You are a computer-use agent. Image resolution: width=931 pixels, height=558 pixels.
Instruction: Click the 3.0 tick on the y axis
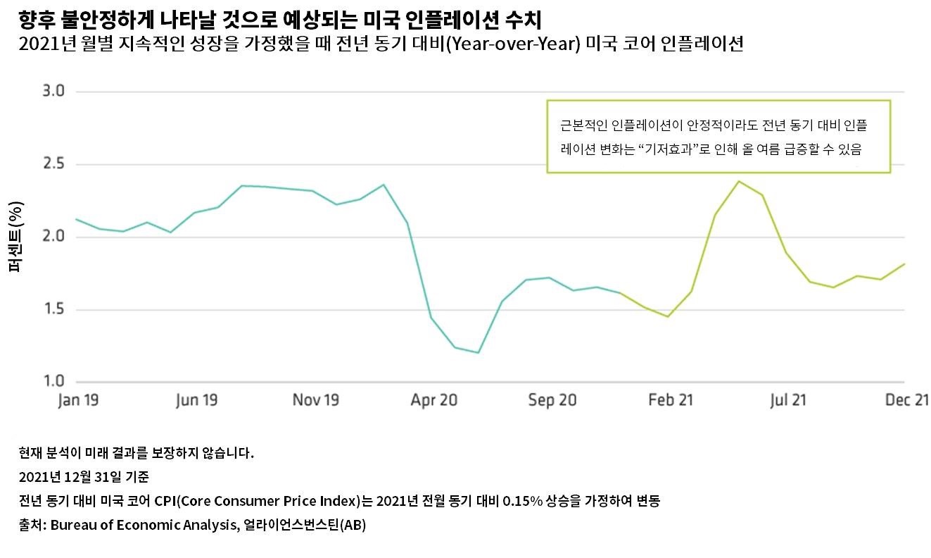(x=54, y=92)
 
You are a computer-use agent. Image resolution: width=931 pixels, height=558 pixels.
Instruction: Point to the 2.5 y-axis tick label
(x=54, y=164)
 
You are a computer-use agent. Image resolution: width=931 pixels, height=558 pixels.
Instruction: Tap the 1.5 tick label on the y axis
(x=54, y=309)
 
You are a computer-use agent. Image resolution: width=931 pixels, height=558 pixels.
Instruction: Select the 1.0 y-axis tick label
(x=54, y=381)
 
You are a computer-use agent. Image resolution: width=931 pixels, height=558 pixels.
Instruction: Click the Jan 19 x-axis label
(x=77, y=400)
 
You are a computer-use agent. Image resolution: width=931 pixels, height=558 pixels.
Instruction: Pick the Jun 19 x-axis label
(x=196, y=400)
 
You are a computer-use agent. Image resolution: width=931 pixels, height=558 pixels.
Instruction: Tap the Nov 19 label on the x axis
(x=316, y=400)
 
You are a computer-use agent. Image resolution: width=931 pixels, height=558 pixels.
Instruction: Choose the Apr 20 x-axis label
(x=434, y=400)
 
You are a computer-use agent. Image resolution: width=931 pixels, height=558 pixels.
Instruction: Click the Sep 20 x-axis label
(x=553, y=400)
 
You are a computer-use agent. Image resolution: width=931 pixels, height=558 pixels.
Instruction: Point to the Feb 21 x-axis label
(x=671, y=400)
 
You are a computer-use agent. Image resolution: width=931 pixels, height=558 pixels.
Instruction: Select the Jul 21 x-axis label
(x=788, y=400)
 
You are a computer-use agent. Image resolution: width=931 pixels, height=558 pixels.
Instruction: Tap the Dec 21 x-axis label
(x=908, y=400)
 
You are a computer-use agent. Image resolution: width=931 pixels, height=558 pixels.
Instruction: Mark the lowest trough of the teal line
(x=479, y=352)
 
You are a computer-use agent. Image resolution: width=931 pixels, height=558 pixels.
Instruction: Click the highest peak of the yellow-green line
(x=739, y=182)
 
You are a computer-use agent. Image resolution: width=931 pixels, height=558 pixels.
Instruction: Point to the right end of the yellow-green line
(x=904, y=264)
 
